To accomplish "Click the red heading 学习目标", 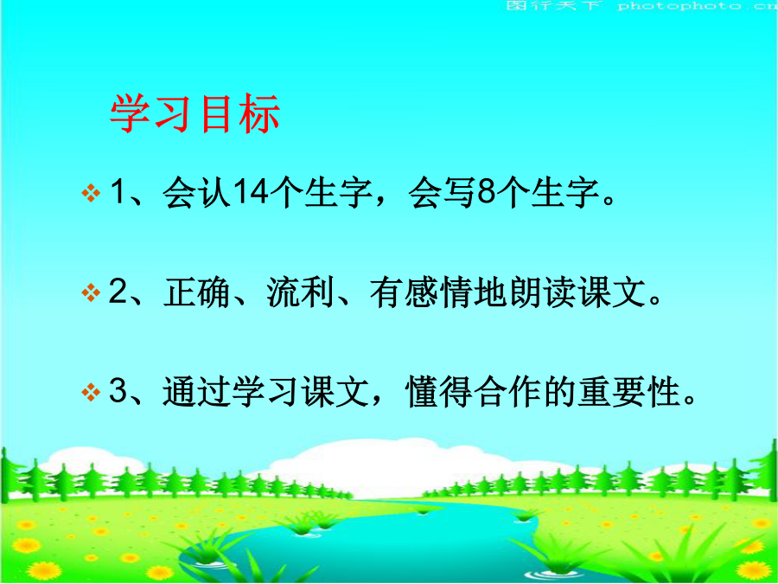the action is click(195, 114).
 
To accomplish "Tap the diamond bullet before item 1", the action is click(90, 193).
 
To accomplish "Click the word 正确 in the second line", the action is click(196, 293).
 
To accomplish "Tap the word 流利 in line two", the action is click(300, 293).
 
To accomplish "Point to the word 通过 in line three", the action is click(196, 393).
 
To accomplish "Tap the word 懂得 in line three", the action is click(440, 393).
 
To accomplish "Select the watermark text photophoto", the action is click(679, 6).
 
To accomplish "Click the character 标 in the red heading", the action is click(259, 114).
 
